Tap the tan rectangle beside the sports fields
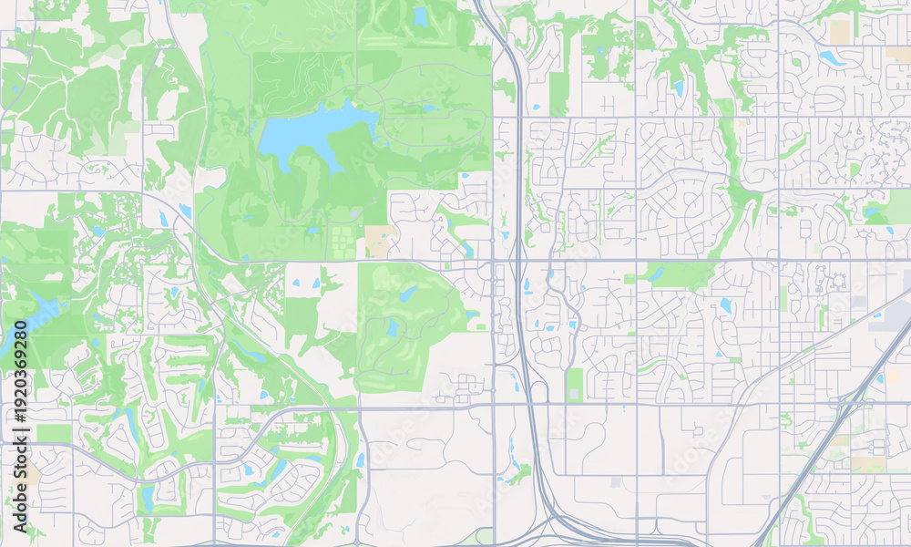click(377, 241)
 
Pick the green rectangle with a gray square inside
click(575, 384)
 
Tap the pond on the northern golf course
click(420, 16)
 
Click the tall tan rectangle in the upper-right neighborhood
click(839, 32)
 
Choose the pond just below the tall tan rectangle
click(831, 57)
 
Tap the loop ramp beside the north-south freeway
click(537, 391)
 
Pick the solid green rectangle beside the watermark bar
click(54, 433)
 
